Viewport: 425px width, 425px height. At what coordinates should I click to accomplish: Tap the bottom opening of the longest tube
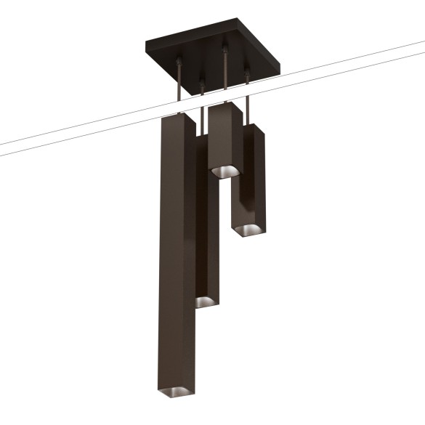click(177, 392)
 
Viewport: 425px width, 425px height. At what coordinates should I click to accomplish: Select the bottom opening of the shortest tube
click(224, 171)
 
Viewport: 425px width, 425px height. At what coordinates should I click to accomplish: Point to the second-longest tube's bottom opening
click(204, 300)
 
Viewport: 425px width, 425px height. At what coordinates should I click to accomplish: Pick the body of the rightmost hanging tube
click(249, 182)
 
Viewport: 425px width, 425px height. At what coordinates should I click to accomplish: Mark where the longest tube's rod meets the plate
click(179, 61)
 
